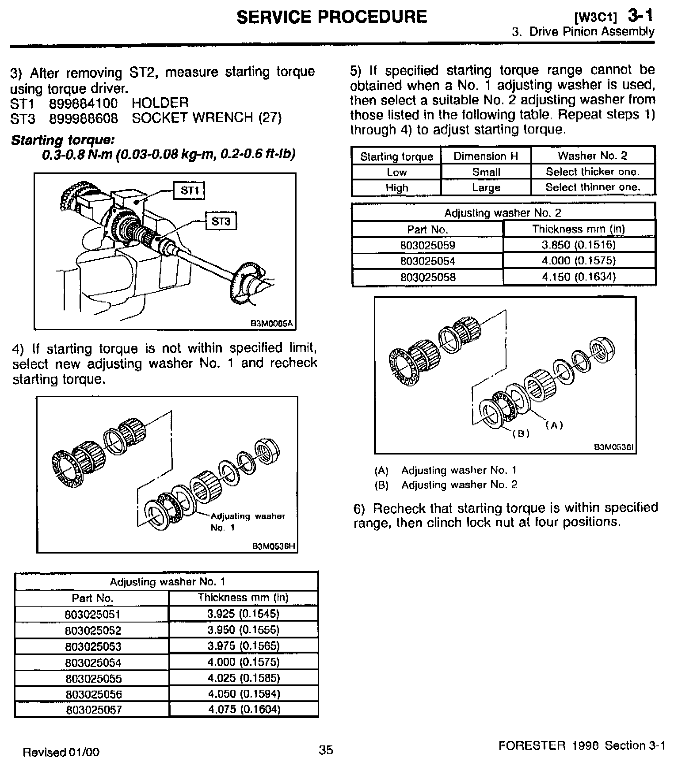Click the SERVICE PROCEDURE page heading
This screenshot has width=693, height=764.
click(332, 17)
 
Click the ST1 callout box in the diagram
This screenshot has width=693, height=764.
click(190, 191)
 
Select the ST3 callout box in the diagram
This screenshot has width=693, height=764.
click(221, 221)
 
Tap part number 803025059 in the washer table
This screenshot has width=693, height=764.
click(427, 245)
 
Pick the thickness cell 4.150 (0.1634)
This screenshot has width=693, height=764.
click(579, 277)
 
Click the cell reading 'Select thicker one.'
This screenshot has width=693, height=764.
click(593, 172)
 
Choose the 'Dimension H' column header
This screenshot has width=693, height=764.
click(486, 156)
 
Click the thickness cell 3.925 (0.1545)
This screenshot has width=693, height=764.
click(244, 614)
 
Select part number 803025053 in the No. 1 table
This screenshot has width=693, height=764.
click(93, 646)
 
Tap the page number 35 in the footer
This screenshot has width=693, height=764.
click(326, 750)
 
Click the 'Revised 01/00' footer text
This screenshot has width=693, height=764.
click(61, 752)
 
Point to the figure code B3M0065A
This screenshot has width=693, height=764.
click(272, 324)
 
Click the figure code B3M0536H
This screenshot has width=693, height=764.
click(273, 546)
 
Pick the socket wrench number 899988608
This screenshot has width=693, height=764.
click(84, 118)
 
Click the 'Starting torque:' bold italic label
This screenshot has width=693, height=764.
click(63, 140)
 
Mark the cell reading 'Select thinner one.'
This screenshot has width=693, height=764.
click(593, 187)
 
